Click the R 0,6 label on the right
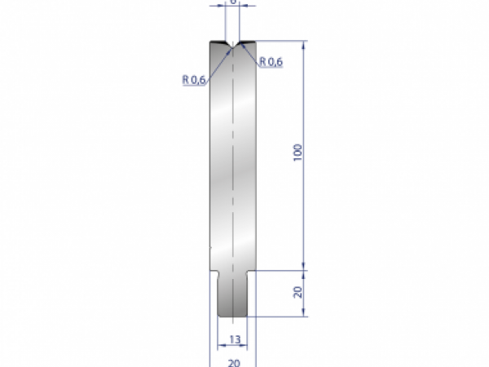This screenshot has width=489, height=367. tap(271, 62)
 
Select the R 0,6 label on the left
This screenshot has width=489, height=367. tap(194, 79)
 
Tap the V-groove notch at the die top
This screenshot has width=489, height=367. tap(233, 44)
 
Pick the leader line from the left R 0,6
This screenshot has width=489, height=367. tap(218, 64)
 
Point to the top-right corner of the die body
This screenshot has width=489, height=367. tap(256, 42)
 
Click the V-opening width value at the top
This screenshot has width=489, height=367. tap(233, 2)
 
